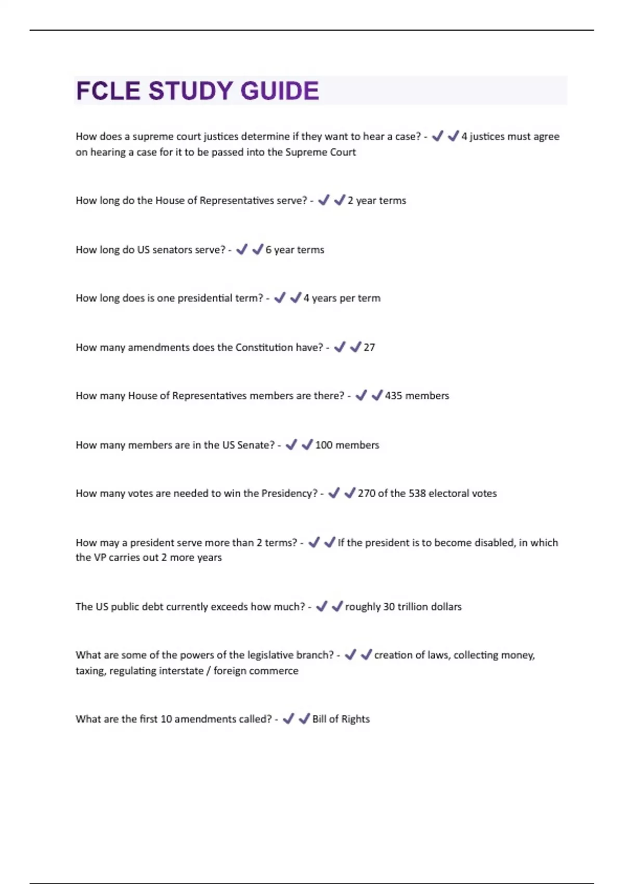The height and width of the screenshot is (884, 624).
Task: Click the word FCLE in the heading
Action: click(x=108, y=91)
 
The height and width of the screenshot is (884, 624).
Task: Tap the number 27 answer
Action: click(x=369, y=347)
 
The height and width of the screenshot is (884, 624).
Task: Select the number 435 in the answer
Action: click(x=394, y=396)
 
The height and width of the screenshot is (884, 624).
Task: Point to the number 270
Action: click(x=367, y=493)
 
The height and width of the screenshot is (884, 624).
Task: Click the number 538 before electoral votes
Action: click(x=418, y=493)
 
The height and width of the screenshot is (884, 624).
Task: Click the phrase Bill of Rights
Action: click(x=341, y=719)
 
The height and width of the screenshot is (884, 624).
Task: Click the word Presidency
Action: click(x=289, y=493)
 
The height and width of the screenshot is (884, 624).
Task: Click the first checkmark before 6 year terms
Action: click(x=242, y=250)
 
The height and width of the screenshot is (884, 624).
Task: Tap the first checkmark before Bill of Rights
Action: click(x=288, y=719)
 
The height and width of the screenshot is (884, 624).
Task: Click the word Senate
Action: click(x=256, y=445)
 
